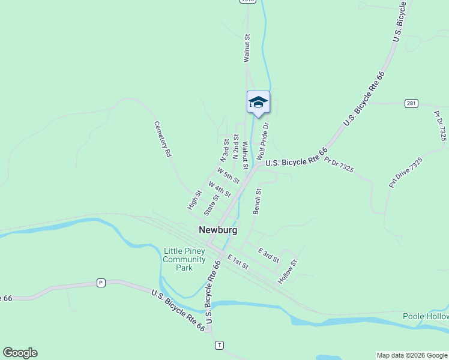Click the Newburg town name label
pyautogui.click(x=218, y=230)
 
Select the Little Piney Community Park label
pyautogui.click(x=184, y=259)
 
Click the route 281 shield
pyautogui.click(x=411, y=103)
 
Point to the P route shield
pyautogui.click(x=101, y=283)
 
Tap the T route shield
pyautogui.click(x=220, y=345)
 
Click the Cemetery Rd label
pyautogui.click(x=163, y=139)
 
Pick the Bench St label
pyautogui.click(x=258, y=202)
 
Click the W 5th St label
pyautogui.click(x=229, y=175)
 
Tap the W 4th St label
pyautogui.click(x=220, y=188)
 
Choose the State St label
pyautogui.click(x=211, y=205)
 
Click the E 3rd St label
pyautogui.click(x=268, y=255)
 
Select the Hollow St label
pyautogui.click(x=288, y=272)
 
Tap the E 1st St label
pyautogui.click(x=238, y=262)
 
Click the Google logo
pyautogui.click(x=20, y=353)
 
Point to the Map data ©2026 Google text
pyautogui.click(x=412, y=355)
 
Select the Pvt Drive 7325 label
pyautogui.click(x=406, y=173)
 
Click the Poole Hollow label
pyautogui.click(x=426, y=316)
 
